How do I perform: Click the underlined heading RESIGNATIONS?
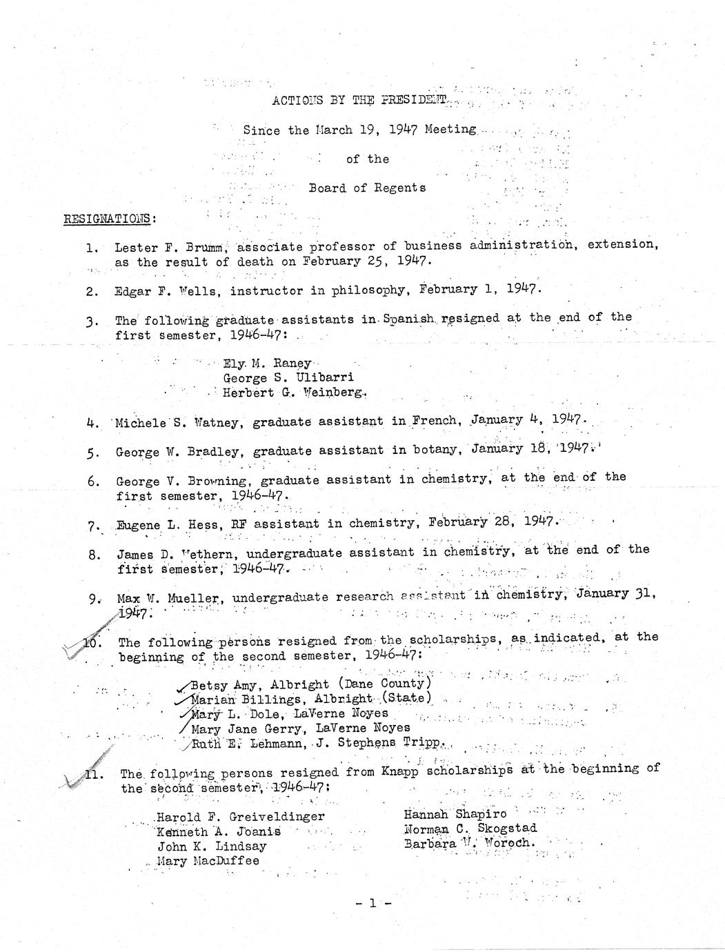click(109, 219)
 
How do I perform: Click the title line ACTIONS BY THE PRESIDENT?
click(359, 99)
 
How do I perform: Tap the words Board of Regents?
click(367, 188)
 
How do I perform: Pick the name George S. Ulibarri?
click(288, 378)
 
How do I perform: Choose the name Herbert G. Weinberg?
click(294, 393)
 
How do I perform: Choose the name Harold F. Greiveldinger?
click(241, 817)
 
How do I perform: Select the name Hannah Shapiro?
click(455, 814)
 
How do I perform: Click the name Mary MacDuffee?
click(208, 861)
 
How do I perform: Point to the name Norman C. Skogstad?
click(470, 829)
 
